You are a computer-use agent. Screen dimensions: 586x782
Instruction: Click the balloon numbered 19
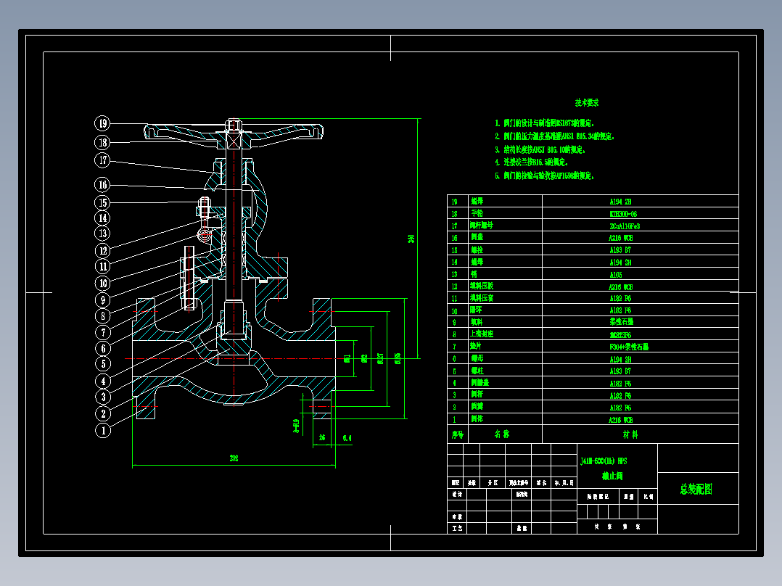103,123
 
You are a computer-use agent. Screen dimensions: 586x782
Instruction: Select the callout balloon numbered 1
103,430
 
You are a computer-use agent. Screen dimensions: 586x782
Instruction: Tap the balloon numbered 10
103,283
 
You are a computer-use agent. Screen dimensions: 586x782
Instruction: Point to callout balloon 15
103,203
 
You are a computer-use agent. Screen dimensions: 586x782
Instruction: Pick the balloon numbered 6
103,348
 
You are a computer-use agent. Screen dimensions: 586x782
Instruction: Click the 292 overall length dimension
234,458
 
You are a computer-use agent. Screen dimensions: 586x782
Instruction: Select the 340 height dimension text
411,239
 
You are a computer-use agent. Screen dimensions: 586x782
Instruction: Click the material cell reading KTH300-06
624,214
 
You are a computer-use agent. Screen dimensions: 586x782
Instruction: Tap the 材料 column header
630,434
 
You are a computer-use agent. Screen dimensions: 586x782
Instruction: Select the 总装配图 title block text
696,490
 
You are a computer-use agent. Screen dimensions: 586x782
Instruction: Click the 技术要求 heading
587,103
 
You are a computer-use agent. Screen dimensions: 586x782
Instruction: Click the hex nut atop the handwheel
233,125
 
